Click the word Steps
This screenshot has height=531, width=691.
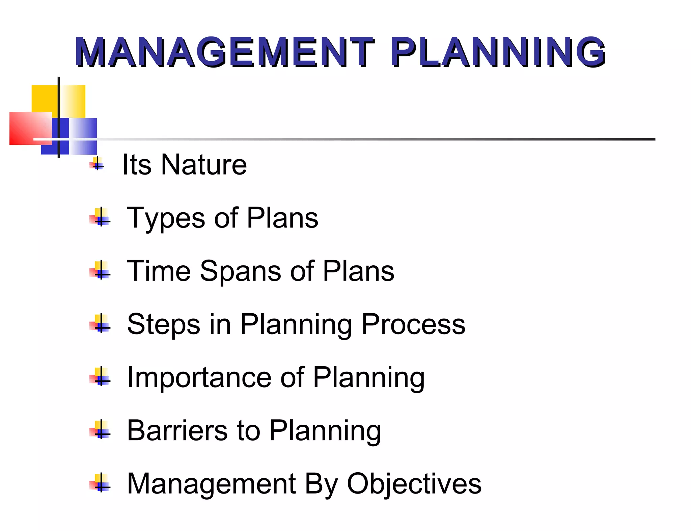pos(163,324)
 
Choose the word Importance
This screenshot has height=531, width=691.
pos(199,377)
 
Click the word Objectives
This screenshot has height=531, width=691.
pos(414,484)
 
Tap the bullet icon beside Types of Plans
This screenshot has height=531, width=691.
pos(100,217)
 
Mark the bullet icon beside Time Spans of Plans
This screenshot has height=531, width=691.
pos(100,270)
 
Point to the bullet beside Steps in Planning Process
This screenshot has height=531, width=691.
pos(100,323)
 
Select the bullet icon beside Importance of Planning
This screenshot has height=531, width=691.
pos(100,376)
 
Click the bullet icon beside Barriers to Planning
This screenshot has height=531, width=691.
pos(100,430)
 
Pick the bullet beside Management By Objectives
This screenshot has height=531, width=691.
pos(100,483)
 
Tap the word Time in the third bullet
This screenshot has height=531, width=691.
pos(159,271)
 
